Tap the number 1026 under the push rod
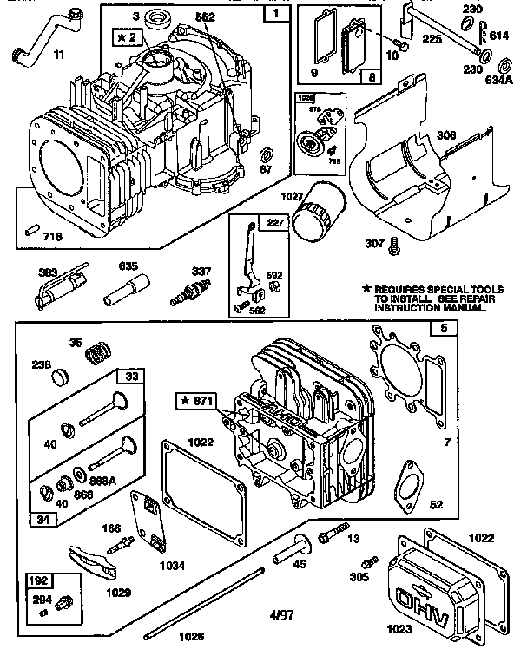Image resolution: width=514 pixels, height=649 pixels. click(191, 636)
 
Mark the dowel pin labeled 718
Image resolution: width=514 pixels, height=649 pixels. click(32, 229)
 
